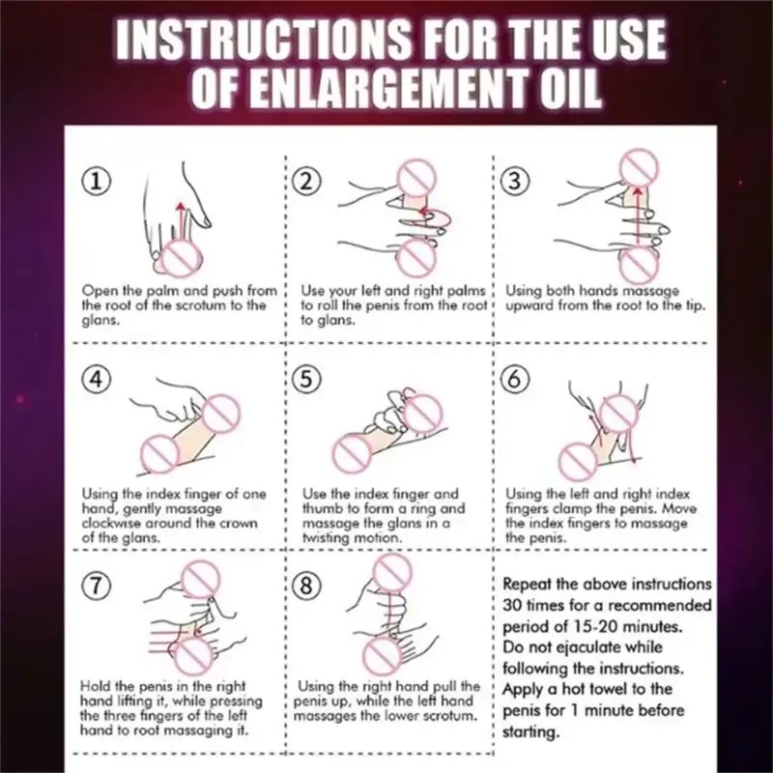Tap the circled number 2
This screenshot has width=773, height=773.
(306, 182)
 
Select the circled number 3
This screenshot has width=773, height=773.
(515, 181)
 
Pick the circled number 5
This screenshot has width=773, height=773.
(306, 380)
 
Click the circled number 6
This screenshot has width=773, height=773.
(515, 380)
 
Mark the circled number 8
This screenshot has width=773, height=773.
(306, 587)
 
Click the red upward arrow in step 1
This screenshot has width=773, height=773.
(182, 221)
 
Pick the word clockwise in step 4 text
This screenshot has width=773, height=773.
(111, 523)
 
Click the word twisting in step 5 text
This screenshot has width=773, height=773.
(327, 537)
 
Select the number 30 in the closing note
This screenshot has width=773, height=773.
(513, 605)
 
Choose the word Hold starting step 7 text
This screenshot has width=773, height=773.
(96, 686)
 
